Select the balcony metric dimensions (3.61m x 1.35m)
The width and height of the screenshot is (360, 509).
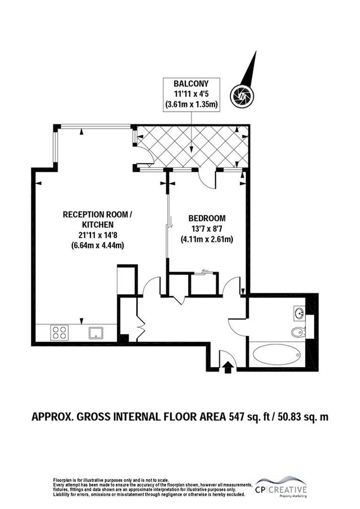coord(192,104)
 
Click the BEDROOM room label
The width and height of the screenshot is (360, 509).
coord(207,218)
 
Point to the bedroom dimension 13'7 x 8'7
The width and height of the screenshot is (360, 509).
coord(207,228)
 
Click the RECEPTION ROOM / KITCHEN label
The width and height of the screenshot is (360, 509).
coord(99,219)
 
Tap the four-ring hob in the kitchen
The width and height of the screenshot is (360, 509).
coord(59,333)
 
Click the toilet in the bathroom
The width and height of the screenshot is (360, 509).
coord(298,332)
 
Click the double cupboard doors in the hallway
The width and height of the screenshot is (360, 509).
coord(141,327)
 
